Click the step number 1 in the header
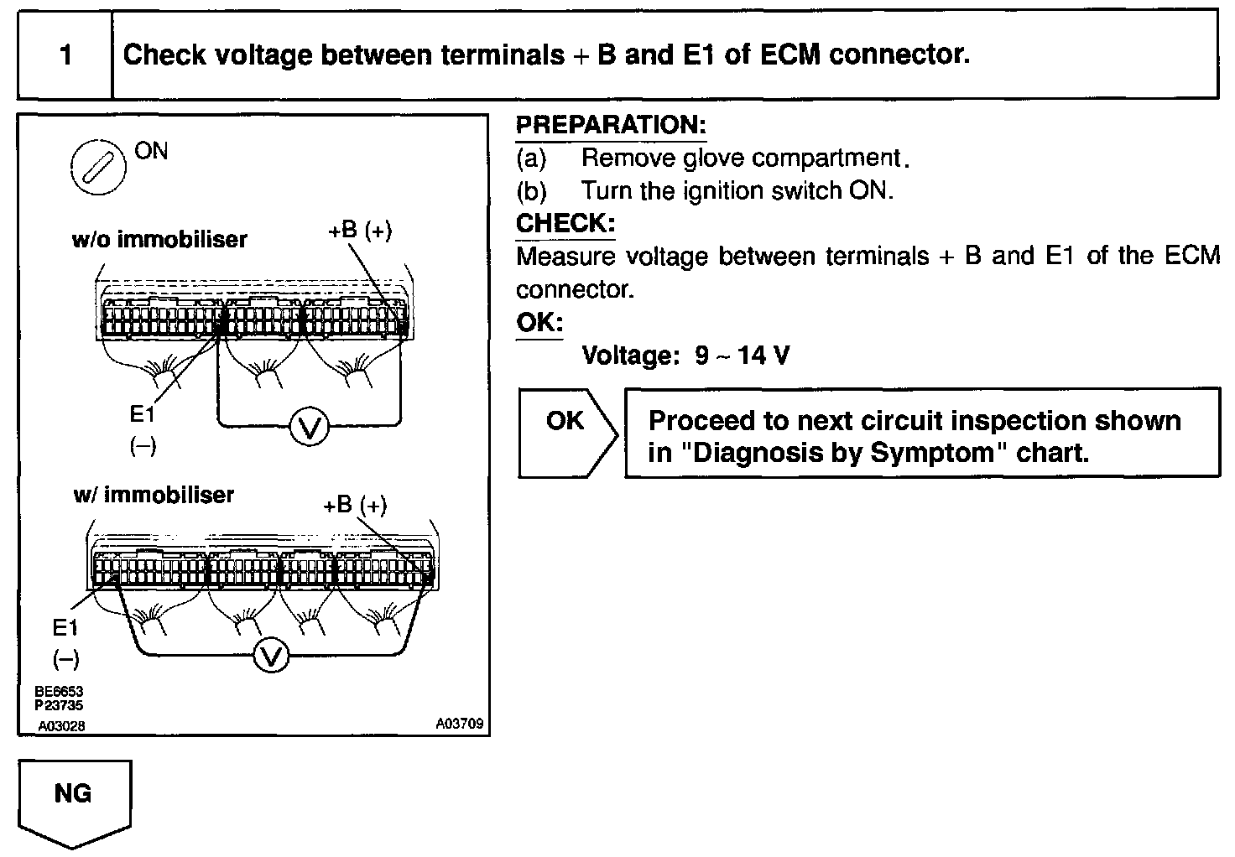pyautogui.click(x=66, y=55)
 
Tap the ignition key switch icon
pyautogui.click(x=96, y=166)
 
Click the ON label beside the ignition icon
pyautogui.click(x=151, y=152)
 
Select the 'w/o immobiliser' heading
pyautogui.click(x=159, y=240)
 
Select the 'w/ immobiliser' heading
pyautogui.click(x=154, y=495)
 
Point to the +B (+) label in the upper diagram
pyautogui.click(x=360, y=230)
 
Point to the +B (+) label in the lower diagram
pyautogui.click(x=355, y=505)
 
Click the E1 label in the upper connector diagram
pyautogui.click(x=142, y=414)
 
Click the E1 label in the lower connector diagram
pyautogui.click(x=65, y=627)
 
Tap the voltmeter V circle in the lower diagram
pyautogui.click(x=270, y=655)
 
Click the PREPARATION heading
pyautogui.click(x=611, y=126)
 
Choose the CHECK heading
pyautogui.click(x=565, y=224)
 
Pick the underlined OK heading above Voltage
pyautogui.click(x=539, y=322)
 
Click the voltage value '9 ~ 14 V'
pyautogui.click(x=742, y=356)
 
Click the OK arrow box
pyautogui.click(x=566, y=433)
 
